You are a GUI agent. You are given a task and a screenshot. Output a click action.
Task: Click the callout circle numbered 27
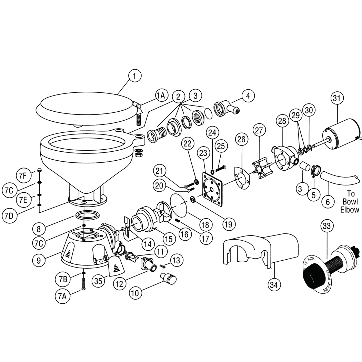pos(259,131)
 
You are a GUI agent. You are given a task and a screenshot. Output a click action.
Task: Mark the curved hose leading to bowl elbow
pos(340,179)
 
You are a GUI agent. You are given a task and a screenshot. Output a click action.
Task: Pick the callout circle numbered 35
pos(99,281)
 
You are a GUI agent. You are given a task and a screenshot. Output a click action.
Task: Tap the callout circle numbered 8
pos(39,229)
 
